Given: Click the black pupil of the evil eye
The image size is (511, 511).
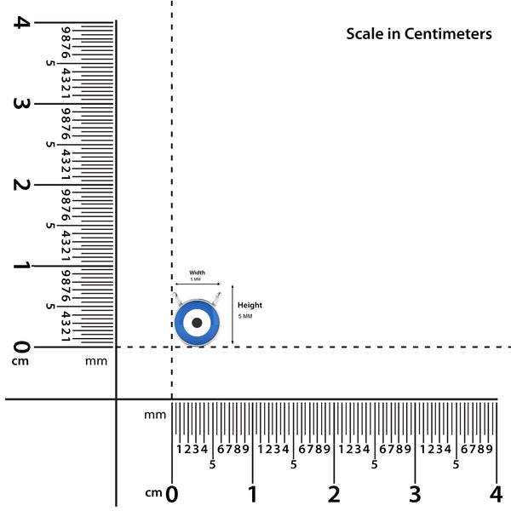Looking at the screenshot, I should pyautogui.click(x=197, y=323).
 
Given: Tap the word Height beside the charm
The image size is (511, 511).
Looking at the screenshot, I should pyautogui.click(x=250, y=305).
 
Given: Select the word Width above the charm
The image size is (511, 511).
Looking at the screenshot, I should pyautogui.click(x=197, y=273).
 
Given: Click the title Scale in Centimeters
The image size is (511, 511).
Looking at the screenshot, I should pyautogui.click(x=418, y=34).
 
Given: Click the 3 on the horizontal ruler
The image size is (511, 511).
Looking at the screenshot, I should pyautogui.click(x=415, y=493).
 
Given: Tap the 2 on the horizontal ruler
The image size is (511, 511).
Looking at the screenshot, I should pyautogui.click(x=334, y=493).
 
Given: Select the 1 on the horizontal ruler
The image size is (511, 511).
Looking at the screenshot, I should pyautogui.click(x=253, y=493).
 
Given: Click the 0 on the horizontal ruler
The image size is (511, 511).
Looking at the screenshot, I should pyautogui.click(x=172, y=493).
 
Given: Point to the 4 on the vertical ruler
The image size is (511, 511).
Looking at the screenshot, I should pyautogui.click(x=20, y=22).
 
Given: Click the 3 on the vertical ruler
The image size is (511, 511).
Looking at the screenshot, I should pyautogui.click(x=20, y=104).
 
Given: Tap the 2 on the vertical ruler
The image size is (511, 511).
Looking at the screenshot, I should pyautogui.click(x=20, y=185).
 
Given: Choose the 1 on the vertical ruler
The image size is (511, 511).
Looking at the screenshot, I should pyautogui.click(x=20, y=266).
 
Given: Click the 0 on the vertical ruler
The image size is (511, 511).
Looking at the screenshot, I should pyautogui.click(x=20, y=347).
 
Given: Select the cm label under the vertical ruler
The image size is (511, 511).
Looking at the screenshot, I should pyautogui.click(x=20, y=361).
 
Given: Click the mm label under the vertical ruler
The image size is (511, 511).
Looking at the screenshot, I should pyautogui.click(x=96, y=361).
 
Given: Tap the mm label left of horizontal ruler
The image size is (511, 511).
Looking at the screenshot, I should pyautogui.click(x=154, y=415).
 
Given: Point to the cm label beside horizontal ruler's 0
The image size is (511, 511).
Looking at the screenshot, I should pyautogui.click(x=153, y=493).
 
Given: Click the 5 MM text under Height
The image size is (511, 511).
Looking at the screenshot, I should pyautogui.click(x=245, y=316).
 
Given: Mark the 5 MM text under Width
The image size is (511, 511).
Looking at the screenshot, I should pyautogui.click(x=196, y=279).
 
